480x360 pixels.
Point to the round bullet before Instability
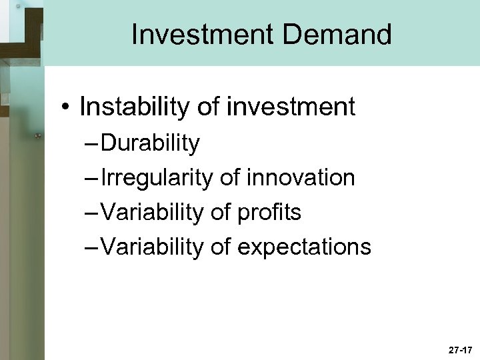tap(65, 107)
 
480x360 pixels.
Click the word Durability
tap(151, 143)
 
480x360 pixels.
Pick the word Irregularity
tap(157, 177)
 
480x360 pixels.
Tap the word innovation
tap(300, 177)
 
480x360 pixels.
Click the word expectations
tap(303, 247)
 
